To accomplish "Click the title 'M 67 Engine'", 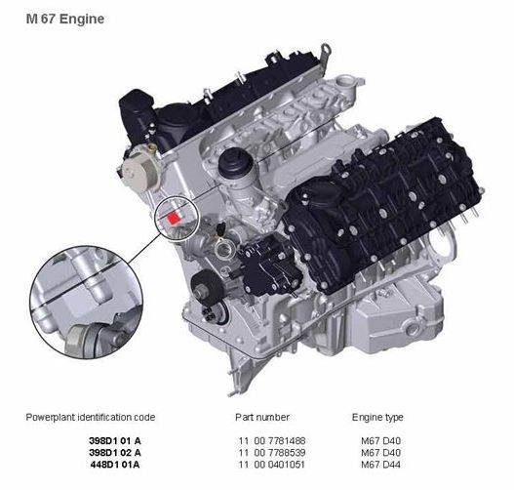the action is coord(65,19).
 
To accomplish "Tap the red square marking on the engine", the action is coord(173,218).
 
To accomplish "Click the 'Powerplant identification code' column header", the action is coord(90,417).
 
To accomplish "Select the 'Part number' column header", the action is coord(262,417).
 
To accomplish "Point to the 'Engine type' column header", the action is coord(377,417).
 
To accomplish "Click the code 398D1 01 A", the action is coord(115,440).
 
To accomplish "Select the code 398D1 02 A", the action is coord(115,453).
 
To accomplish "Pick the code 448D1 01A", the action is coord(115,465).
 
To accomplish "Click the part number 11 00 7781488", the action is coord(272,440).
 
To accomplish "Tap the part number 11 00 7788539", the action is coord(272,453).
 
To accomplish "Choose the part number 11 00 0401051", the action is coord(272,465).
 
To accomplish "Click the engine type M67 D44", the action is coord(380,465).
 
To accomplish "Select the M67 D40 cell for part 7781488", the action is coord(380,440).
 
